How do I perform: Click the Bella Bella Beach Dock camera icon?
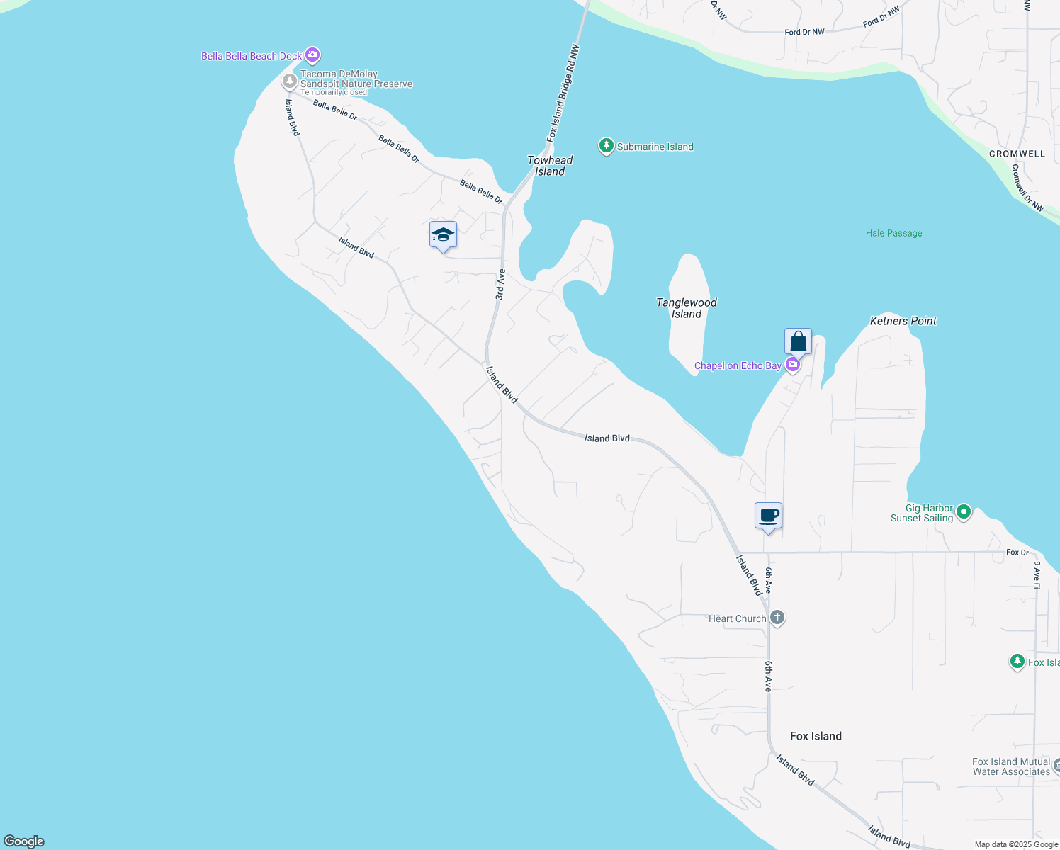(x=312, y=55)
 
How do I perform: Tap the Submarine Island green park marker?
(x=606, y=146)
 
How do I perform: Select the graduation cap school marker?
(x=443, y=235)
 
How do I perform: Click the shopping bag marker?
(x=798, y=342)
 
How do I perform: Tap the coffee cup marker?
(x=768, y=516)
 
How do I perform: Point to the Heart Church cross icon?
(x=777, y=618)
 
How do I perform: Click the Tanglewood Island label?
(x=686, y=308)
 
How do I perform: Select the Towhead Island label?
(x=550, y=166)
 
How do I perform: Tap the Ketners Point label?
(x=903, y=321)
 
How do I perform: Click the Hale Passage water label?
(x=893, y=233)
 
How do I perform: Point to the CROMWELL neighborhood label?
(x=1017, y=154)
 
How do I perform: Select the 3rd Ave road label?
(x=500, y=284)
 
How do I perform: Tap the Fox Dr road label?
(x=1017, y=552)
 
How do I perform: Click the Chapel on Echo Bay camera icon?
(x=793, y=365)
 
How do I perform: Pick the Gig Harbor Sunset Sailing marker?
(x=963, y=511)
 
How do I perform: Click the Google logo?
(x=24, y=841)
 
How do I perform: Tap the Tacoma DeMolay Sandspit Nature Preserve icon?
(x=289, y=81)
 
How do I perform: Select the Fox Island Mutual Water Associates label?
(x=1011, y=766)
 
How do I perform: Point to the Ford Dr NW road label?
(x=804, y=32)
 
